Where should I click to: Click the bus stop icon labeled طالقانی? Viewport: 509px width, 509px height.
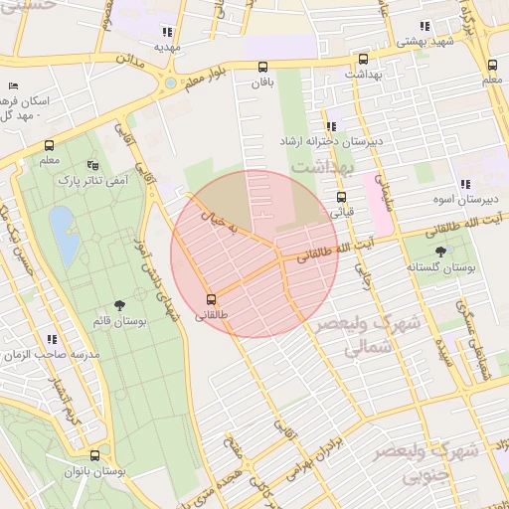coord(211,298)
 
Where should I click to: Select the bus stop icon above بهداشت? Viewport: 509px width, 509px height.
coord(362,60)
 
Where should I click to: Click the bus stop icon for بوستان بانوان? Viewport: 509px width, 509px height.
coord(94,456)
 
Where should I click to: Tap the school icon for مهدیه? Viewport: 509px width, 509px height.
coord(167,32)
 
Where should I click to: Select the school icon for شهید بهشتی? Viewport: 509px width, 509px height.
coord(424,26)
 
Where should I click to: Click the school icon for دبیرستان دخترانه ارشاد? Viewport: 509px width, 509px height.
coord(331,126)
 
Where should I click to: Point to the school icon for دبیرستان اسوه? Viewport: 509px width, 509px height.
coord(463,184)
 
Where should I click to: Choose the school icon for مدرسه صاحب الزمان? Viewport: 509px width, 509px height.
coord(52,339)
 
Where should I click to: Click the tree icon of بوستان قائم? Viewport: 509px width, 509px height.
coord(120,305)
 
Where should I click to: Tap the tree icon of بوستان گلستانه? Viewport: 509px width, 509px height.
coord(440,252)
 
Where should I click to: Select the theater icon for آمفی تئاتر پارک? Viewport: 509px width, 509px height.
coord(92,165)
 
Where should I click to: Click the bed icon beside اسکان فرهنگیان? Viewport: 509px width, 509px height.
coord(13,87)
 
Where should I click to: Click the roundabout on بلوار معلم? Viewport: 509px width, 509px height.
coord(171,83)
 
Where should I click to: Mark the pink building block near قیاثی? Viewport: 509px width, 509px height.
coord(378,197)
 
